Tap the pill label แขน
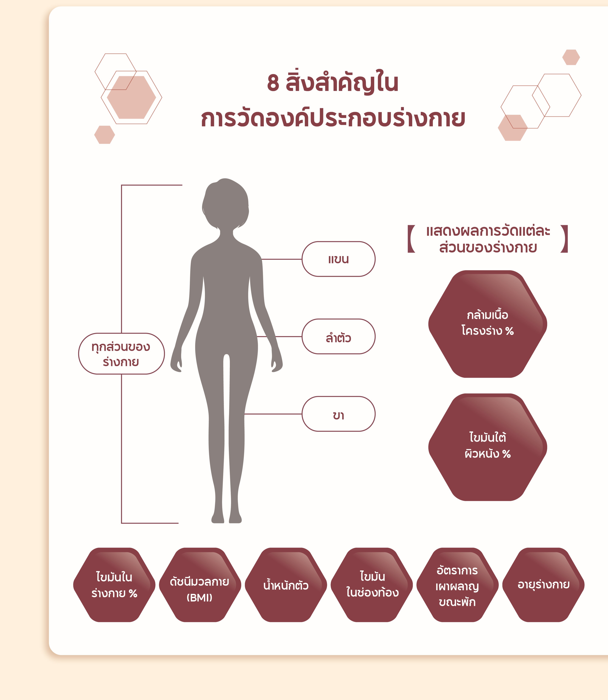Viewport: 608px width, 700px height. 338,259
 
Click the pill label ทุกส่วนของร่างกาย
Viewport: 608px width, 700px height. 121,354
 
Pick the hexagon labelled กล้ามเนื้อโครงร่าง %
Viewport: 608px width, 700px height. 487,324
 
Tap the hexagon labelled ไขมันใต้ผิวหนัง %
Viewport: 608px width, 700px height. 487,447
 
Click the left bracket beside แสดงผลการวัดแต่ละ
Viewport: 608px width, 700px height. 411,239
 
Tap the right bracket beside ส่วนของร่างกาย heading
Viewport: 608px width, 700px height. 564,239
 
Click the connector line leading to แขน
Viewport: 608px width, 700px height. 282,259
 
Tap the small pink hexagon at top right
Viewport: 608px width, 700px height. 571,57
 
